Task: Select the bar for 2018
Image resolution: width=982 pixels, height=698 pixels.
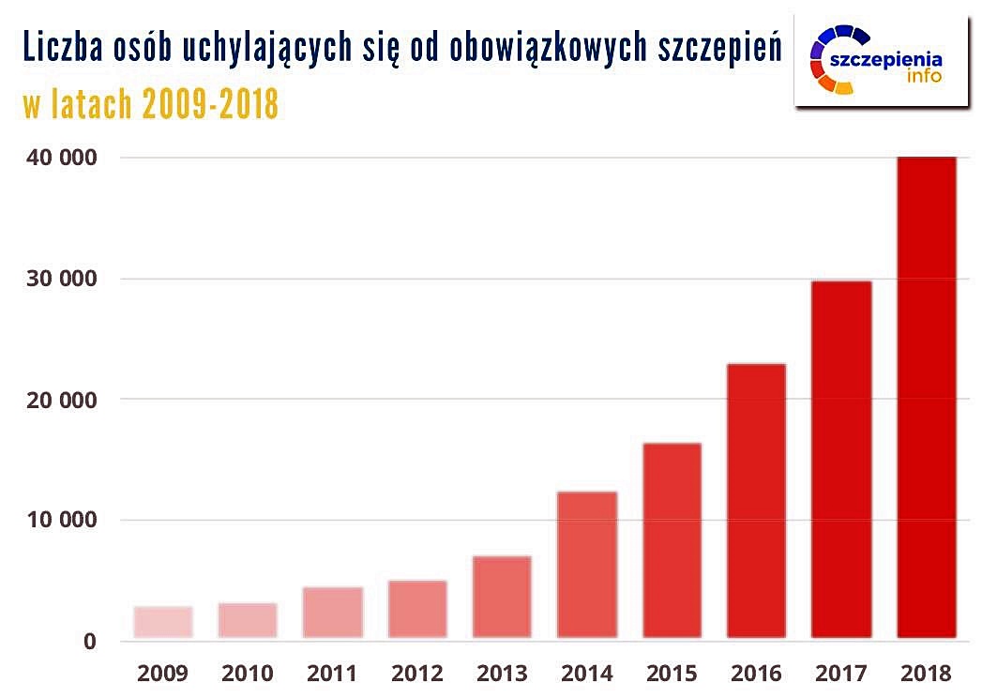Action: coord(926,398)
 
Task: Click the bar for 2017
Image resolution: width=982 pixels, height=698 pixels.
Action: coord(841,460)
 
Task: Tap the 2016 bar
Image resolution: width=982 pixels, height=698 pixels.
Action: coord(756,501)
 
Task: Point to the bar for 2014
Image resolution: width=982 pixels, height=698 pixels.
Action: coord(587,565)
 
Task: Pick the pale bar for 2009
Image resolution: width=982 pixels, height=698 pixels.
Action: coord(163,622)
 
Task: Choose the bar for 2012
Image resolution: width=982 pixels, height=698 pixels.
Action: coord(417,610)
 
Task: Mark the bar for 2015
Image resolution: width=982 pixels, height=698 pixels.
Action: coord(672,540)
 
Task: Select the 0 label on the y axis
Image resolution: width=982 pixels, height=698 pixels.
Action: coord(90,642)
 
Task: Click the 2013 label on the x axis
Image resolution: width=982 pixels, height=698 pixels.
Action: coord(503,673)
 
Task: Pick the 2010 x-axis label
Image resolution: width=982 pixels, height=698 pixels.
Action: coord(248,673)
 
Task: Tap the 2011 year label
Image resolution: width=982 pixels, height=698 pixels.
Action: coord(333,673)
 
